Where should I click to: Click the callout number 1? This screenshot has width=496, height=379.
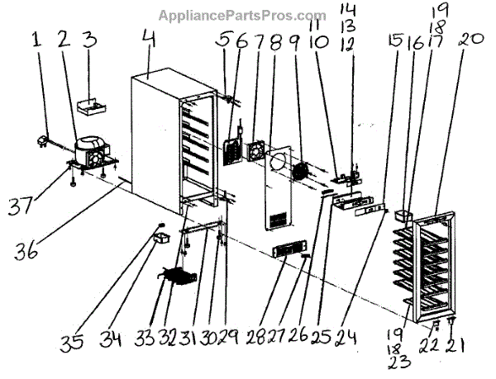36,38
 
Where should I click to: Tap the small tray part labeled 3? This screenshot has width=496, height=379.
91,106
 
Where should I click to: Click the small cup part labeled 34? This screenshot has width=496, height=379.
160,239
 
